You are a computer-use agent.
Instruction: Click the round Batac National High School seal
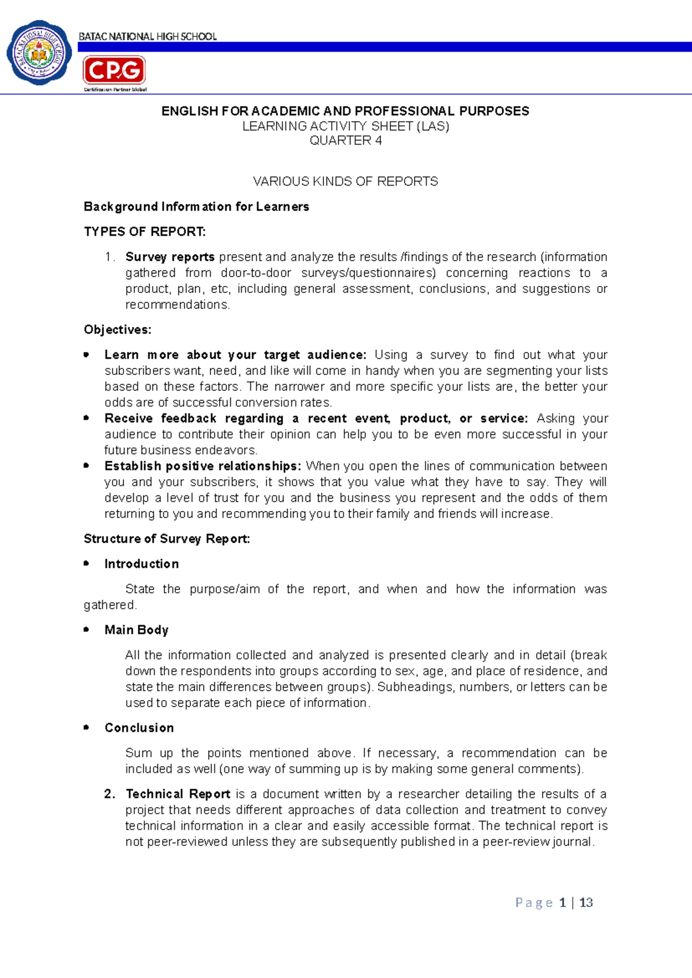point(39,54)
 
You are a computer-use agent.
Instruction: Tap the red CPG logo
point(114,70)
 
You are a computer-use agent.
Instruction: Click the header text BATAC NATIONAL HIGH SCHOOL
point(148,37)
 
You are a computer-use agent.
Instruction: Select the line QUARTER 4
point(345,141)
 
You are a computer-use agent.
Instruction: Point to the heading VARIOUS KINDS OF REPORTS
point(345,182)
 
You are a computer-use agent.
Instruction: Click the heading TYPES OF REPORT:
point(145,232)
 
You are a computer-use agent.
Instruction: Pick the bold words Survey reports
point(170,257)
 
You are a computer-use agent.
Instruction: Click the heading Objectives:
point(118,330)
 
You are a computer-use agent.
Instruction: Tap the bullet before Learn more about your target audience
point(86,355)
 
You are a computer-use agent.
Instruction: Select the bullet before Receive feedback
point(86,417)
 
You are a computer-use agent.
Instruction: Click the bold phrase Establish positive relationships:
point(203,466)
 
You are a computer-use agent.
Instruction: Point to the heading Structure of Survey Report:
point(167,539)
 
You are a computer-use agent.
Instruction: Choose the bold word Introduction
point(142,564)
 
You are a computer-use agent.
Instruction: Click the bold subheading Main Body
point(137,630)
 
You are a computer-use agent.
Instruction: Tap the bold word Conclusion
point(140,728)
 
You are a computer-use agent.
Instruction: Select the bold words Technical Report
point(178,794)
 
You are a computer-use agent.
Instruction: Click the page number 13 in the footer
point(586,903)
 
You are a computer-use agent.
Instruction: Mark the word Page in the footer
point(534,903)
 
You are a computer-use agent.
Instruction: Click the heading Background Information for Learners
point(197,207)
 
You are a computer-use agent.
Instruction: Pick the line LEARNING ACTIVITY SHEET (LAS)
point(345,126)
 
